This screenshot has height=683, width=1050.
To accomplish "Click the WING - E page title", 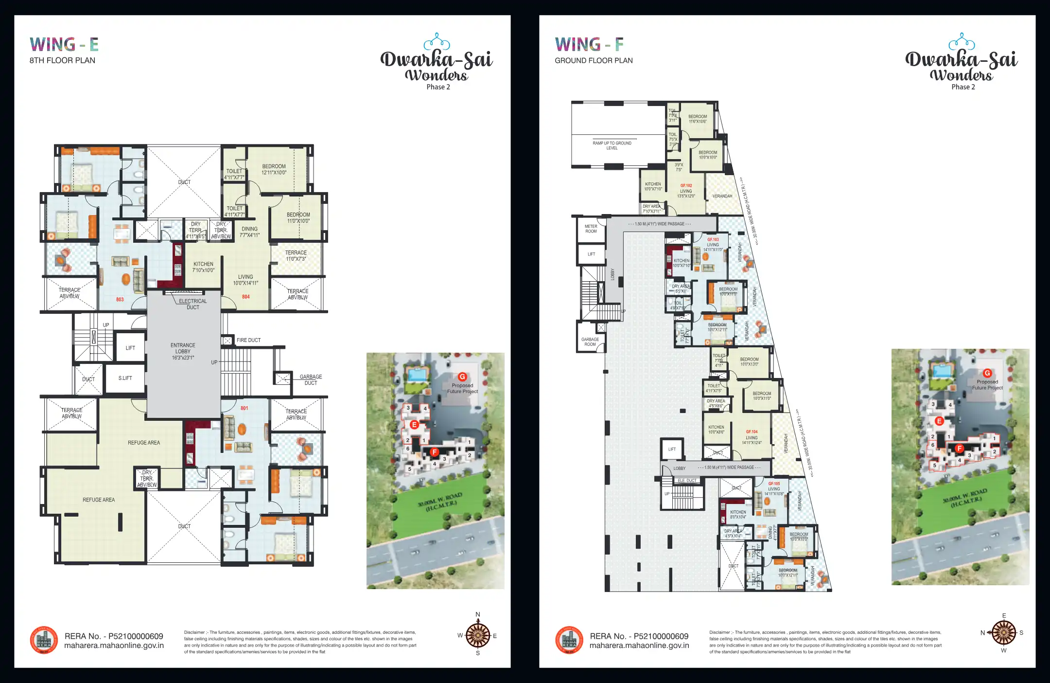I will click(64, 45).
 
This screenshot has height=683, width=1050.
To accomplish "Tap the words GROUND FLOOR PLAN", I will click(594, 60).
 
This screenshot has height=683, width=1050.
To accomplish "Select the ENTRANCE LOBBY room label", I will click(183, 351).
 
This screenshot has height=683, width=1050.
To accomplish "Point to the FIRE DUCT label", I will click(248, 340).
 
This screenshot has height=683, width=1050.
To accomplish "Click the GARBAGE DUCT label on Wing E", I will click(311, 380).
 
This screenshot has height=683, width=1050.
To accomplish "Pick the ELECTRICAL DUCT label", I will click(192, 304).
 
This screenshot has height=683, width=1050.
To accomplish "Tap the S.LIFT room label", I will click(125, 378).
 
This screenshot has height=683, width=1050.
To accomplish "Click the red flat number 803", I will click(120, 300).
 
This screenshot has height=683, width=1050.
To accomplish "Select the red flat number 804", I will click(246, 297).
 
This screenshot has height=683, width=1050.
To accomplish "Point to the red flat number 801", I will click(244, 408).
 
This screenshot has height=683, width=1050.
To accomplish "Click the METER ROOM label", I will click(591, 229).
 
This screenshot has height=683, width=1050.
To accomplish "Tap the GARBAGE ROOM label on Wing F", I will click(590, 342).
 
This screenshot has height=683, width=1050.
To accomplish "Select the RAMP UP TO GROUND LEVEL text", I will click(612, 145).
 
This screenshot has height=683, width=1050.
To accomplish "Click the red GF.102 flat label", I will click(686, 186).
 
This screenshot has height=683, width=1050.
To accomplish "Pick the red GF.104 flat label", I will click(752, 431).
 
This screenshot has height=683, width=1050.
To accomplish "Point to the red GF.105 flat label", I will click(774, 484).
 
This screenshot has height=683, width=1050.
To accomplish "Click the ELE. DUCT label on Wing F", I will click(687, 481).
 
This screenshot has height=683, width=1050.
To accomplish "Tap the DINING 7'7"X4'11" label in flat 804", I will click(249, 232).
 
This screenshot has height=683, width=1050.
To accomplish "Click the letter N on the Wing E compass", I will click(478, 614).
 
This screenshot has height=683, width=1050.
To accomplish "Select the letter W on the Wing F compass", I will click(1004, 650).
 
